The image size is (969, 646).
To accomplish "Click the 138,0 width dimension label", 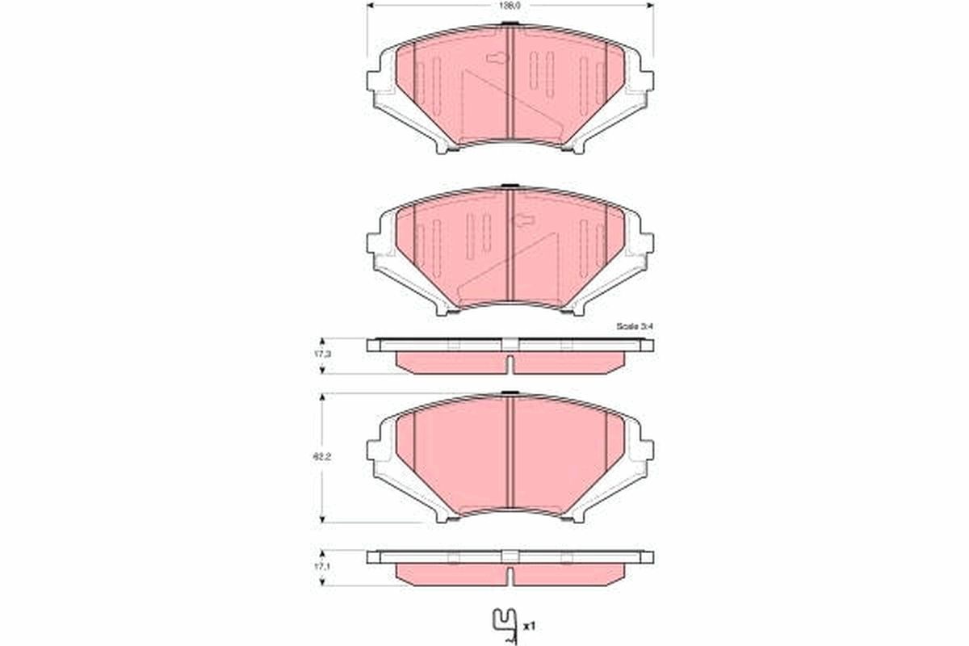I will (510, 5).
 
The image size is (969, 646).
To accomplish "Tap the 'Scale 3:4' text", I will (633, 326).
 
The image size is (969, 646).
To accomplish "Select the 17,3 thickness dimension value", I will (323, 354).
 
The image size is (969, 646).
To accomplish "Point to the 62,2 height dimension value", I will (323, 456).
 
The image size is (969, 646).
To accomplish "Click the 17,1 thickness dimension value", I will (323, 568).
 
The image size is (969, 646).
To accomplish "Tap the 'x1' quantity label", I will (529, 626).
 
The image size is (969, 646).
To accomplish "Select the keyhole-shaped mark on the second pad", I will (524, 219).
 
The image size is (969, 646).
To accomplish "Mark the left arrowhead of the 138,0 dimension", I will (371, 5).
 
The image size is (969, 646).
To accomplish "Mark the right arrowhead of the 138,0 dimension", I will (650, 5).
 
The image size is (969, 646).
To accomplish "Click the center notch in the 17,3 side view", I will (510, 365).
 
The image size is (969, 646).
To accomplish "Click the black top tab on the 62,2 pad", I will (510, 394).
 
